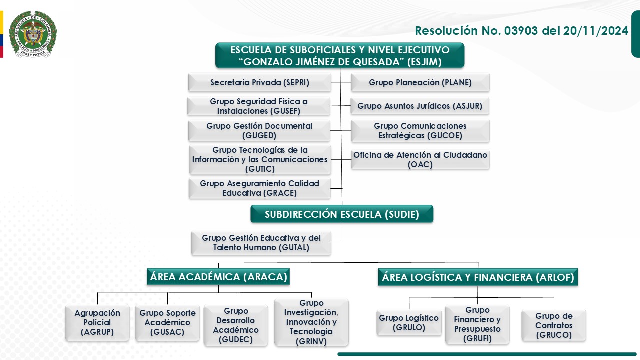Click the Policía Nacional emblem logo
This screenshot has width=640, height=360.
pyautogui.click(x=33, y=34)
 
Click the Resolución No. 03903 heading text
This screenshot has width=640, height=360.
pyautogui.click(x=521, y=31)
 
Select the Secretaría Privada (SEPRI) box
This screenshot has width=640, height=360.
pyautogui.click(x=260, y=82)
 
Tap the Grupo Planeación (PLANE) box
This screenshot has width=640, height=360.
pyautogui.click(x=420, y=82)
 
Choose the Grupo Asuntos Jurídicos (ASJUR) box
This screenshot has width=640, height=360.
pyautogui.click(x=420, y=106)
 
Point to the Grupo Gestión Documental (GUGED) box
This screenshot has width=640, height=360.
pyautogui.click(x=259, y=131)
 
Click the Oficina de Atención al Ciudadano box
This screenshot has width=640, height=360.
pyautogui.click(x=420, y=159)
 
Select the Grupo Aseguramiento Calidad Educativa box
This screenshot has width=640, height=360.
pyautogui.click(x=260, y=188)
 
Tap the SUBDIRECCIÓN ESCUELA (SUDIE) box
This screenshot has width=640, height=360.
pyautogui.click(x=342, y=214)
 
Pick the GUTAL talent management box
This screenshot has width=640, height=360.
pyautogui.click(x=261, y=243)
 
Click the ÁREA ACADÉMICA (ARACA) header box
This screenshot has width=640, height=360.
pyautogui.click(x=219, y=277)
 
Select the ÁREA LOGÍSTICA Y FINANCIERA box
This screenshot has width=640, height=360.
pyautogui.click(x=478, y=277)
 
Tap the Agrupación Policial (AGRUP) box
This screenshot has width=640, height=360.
pyautogui.click(x=97, y=322)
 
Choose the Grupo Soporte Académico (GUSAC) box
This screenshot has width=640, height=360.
pyautogui.click(x=167, y=322)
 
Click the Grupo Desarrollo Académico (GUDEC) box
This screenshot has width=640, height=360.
pyautogui.click(x=236, y=326)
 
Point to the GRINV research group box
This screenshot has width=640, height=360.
pyautogui.click(x=311, y=322)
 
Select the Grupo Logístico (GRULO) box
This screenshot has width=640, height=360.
pyautogui.click(x=409, y=323)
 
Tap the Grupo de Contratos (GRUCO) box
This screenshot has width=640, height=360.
pyautogui.click(x=554, y=325)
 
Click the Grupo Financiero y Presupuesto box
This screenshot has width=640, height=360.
pyautogui.click(x=477, y=324)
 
